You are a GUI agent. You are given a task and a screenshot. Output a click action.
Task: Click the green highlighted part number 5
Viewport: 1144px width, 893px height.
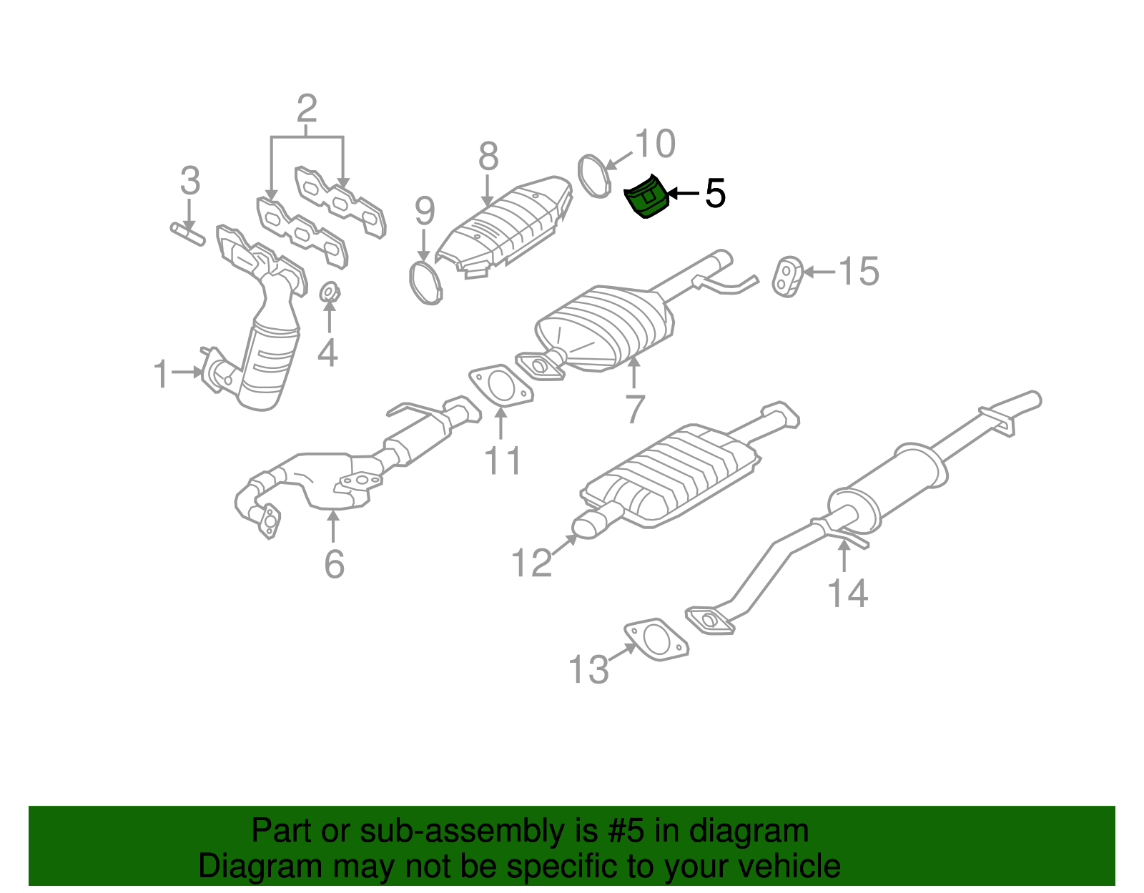tap(646, 197)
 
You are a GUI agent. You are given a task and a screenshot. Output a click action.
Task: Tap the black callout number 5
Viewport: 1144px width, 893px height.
tap(715, 194)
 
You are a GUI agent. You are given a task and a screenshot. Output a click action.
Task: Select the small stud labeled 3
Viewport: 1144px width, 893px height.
tap(187, 234)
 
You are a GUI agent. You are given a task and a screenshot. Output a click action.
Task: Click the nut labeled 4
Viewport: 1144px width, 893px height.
tap(330, 292)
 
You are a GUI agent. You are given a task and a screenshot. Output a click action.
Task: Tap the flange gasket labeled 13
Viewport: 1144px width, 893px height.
tap(656, 639)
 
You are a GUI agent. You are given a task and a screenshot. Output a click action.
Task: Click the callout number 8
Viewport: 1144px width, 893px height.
tap(488, 157)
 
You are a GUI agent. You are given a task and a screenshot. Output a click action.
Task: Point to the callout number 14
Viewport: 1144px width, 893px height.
tap(847, 593)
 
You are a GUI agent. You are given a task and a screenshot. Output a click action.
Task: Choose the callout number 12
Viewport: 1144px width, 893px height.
tap(532, 562)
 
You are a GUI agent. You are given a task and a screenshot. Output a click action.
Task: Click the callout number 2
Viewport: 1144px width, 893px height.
tap(307, 109)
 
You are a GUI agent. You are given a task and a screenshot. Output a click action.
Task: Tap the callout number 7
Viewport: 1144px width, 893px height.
tap(635, 409)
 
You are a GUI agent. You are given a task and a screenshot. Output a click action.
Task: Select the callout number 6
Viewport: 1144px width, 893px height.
tap(335, 564)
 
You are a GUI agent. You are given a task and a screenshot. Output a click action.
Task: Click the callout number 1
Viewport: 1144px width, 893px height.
tap(161, 374)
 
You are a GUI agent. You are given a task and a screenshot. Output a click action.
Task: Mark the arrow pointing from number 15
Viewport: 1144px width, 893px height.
tap(819, 272)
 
